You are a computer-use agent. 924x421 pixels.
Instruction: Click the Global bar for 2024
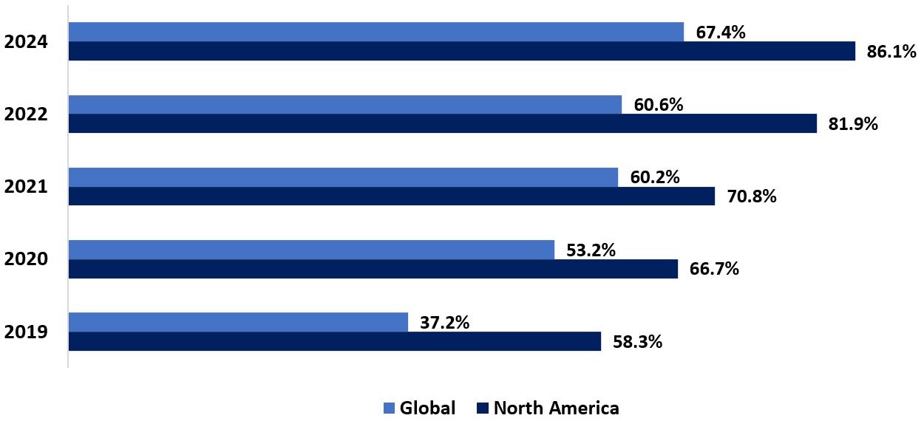coord(376,32)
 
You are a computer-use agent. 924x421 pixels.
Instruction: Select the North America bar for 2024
coord(461,51)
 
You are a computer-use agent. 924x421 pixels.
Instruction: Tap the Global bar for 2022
coord(344,104)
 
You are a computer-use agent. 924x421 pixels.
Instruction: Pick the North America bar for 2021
coord(391,196)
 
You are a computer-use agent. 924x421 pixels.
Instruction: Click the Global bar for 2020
coord(311,250)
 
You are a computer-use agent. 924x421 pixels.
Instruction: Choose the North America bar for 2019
coord(334,341)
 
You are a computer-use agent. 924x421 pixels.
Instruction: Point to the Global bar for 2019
coord(238,322)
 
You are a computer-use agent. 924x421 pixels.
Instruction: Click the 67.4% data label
coord(721,32)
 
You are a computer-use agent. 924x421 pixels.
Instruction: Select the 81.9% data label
coord(853,124)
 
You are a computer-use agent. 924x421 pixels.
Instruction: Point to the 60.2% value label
coord(655,177)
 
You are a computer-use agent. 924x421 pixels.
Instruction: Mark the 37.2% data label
coord(444,322)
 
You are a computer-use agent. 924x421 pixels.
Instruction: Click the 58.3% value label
coord(637,342)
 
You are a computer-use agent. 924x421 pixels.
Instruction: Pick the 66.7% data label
coord(714,269)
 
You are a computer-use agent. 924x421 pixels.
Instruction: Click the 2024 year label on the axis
coord(26,42)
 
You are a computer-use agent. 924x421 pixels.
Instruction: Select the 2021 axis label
coord(26,187)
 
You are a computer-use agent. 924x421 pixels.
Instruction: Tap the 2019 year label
coord(26,332)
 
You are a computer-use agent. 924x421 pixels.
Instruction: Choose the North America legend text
coord(556,408)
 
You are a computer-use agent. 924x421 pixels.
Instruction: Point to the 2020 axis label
coord(26,259)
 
